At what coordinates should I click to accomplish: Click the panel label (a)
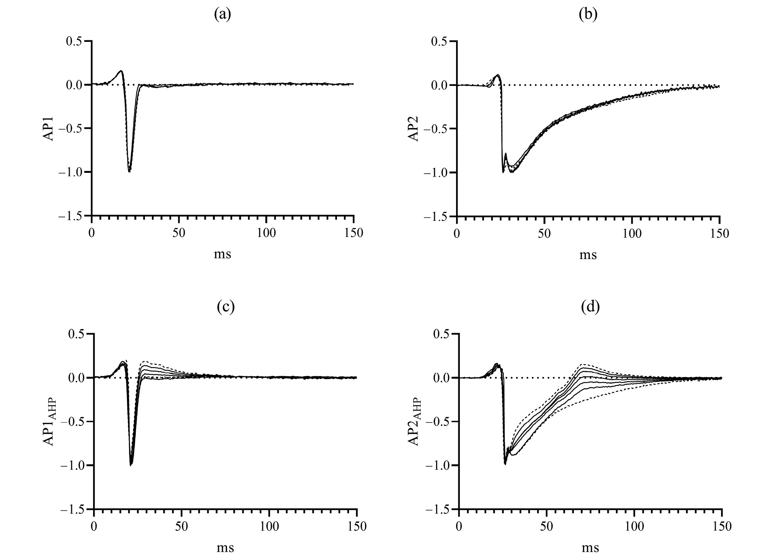(x=222, y=15)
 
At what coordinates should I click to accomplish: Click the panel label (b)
(x=588, y=15)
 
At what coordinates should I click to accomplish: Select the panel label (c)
(x=225, y=307)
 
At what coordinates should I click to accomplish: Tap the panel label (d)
(x=590, y=307)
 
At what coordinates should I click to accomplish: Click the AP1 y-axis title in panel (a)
(x=49, y=129)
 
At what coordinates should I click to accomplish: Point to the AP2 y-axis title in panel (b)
(x=414, y=129)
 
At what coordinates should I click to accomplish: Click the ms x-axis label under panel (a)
(x=222, y=255)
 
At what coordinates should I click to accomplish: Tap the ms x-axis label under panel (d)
(x=590, y=547)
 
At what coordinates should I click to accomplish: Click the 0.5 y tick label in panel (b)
(x=439, y=41)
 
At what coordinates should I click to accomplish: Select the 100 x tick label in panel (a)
(x=266, y=233)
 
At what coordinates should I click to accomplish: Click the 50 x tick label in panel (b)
(x=544, y=233)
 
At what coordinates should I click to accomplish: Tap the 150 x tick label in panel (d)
(x=721, y=526)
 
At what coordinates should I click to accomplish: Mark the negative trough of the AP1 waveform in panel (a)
(x=129, y=171)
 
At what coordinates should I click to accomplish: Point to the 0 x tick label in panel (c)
(x=94, y=526)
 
